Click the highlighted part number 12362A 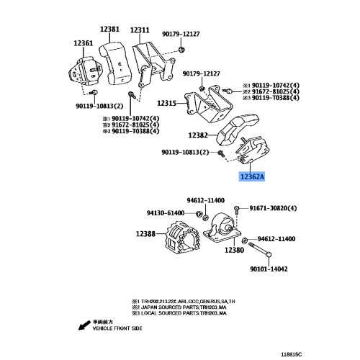(x=252, y=177)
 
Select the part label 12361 (x=83, y=43)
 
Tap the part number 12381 (x=109, y=29)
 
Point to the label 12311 (x=140, y=30)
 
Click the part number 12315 (x=167, y=103)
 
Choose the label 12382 (x=198, y=135)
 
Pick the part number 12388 (x=145, y=234)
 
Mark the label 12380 (x=234, y=250)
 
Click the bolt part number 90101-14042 (x=269, y=269)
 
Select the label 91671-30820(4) (x=273, y=208)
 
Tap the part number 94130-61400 (x=166, y=213)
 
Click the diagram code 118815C (x=292, y=354)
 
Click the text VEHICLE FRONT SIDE (x=117, y=328)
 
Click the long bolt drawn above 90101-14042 (x=260, y=250)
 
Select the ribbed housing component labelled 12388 (x=182, y=238)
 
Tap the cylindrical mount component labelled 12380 (x=222, y=230)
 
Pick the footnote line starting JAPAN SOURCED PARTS (x=179, y=307)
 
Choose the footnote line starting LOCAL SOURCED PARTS (x=179, y=313)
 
